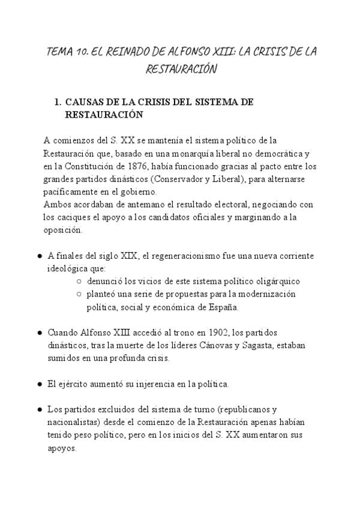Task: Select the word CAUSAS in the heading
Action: tap(85, 103)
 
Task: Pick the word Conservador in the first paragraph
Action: tap(179, 179)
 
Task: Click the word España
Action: tap(224, 307)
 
